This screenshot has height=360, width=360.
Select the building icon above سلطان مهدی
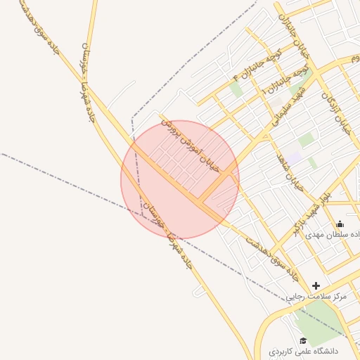coord(340,224)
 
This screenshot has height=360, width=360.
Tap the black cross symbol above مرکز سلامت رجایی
coord(316,285)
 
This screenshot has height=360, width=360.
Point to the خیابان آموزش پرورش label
coord(191,145)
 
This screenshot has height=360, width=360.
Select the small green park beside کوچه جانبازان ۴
coord(236,89)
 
